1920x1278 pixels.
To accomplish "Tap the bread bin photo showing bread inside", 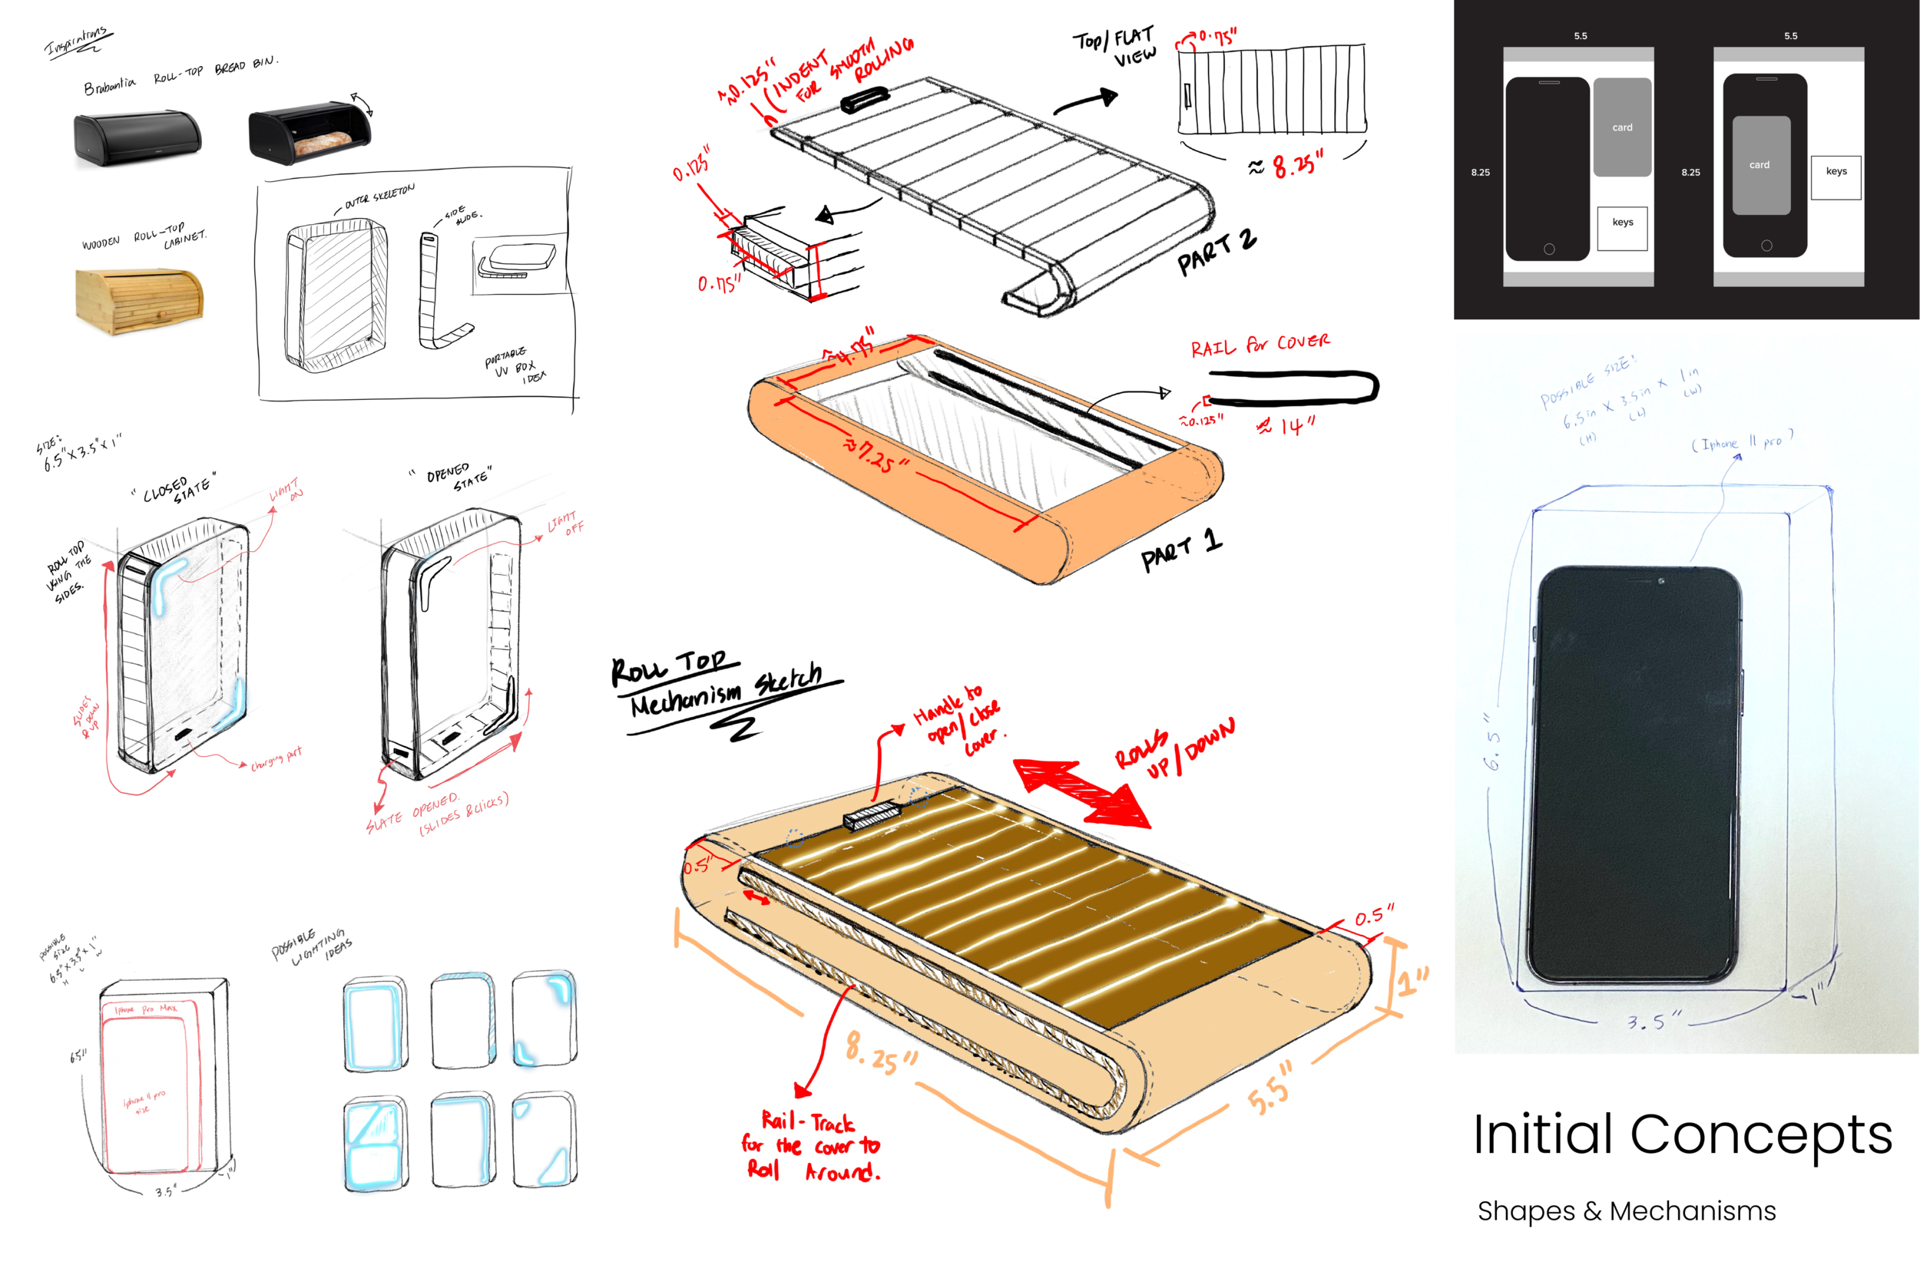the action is point(310,132).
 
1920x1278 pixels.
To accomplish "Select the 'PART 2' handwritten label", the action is point(1216,252).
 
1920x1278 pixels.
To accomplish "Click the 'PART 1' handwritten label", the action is point(1180,550).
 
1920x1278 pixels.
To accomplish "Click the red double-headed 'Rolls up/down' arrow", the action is point(1081,793).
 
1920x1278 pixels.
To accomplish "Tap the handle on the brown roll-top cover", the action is point(872,815).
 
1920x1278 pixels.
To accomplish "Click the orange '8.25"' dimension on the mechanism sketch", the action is point(880,1052).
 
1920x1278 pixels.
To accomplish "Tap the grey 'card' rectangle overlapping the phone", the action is point(1761,166).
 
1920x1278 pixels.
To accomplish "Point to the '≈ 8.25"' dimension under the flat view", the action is point(1286,167).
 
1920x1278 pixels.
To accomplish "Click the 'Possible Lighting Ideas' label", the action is point(313,946).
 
